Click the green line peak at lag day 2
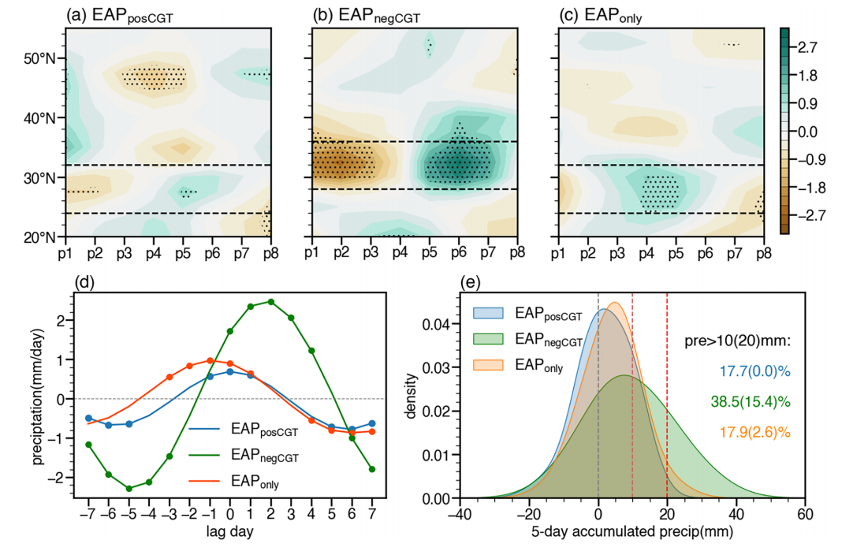271,301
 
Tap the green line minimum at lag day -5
129,489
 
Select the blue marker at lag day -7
88,418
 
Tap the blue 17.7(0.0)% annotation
754,371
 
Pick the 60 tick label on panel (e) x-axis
804,515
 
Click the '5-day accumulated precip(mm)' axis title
632,531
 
